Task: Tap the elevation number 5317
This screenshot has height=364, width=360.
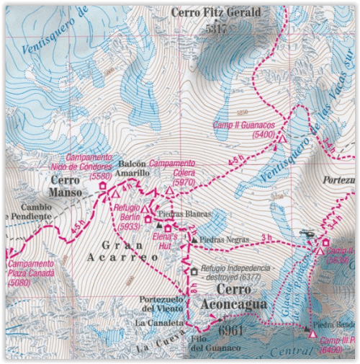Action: pos(215,29)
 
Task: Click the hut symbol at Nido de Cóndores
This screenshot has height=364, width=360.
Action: pos(102,187)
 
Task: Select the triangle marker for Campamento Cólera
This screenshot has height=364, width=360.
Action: pos(169,191)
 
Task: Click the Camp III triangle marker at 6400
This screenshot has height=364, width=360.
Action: pos(312,334)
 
